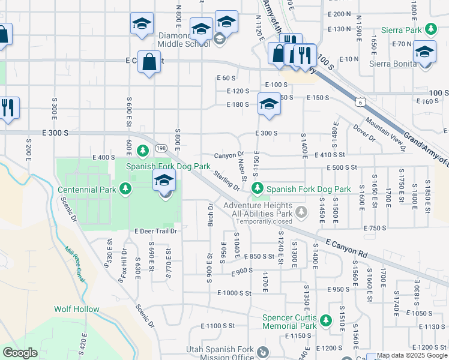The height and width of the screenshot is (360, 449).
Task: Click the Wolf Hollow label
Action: point(76,309)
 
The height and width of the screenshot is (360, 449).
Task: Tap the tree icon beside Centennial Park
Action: point(125,190)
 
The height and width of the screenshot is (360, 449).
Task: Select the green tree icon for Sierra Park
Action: point(430,29)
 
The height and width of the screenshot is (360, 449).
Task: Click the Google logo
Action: point(20,353)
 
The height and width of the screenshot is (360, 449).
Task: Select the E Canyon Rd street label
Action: point(346,247)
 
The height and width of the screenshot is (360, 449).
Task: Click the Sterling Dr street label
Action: point(226,181)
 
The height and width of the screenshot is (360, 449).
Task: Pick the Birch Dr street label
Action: point(211,214)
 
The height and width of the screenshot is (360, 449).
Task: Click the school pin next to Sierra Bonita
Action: point(424,51)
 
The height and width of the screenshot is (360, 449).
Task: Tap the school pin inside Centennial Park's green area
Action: point(164,179)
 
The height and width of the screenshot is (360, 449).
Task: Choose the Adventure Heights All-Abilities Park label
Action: point(258,209)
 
